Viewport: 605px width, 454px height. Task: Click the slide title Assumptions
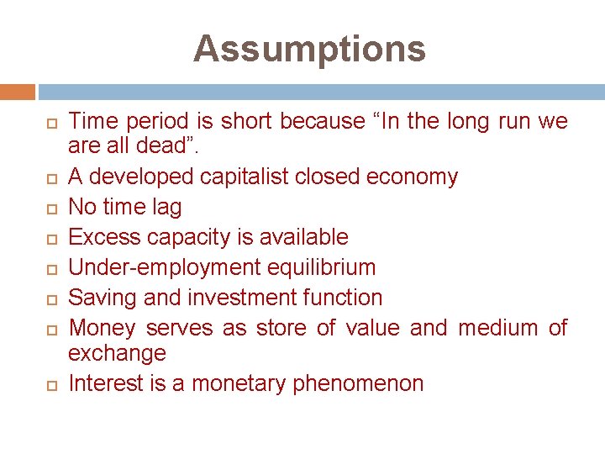[309, 49]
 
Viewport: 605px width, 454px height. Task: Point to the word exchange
[117, 354]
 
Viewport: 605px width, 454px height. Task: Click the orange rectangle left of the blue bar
[18, 92]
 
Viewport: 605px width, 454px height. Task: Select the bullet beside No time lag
[50, 208]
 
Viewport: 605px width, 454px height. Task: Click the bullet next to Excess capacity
[50, 238]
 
